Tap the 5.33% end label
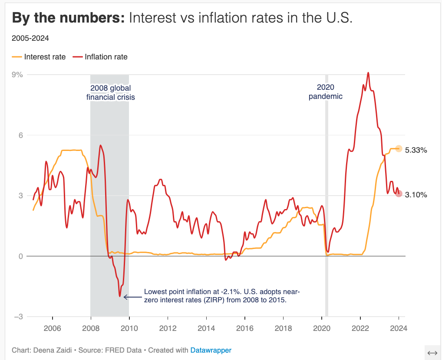416,151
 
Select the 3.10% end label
416,195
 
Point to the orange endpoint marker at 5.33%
399,149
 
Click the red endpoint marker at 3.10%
399,193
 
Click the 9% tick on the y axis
17,75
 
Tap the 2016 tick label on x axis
244,329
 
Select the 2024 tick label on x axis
399,329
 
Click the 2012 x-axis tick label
168,329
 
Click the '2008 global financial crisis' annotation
110,93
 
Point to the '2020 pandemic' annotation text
325,92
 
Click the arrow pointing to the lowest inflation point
132,297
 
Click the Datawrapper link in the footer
211,350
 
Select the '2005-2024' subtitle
30,38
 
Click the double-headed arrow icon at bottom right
432,353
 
